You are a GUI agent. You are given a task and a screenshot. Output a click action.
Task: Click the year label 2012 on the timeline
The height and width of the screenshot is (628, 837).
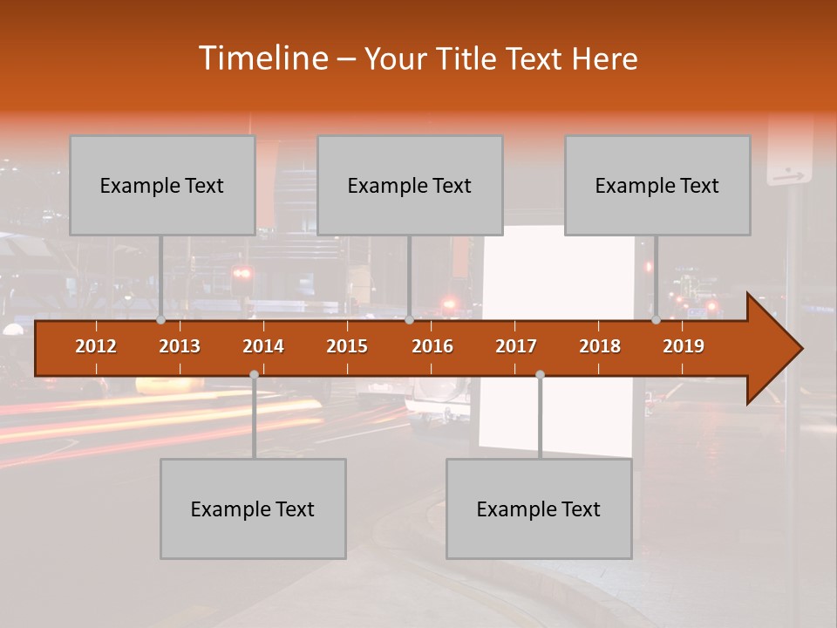pos(96,346)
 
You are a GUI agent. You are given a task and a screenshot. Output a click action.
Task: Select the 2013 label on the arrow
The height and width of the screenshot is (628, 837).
pos(180,346)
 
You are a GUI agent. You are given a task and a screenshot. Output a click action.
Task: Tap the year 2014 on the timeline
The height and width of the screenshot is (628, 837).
pos(263,346)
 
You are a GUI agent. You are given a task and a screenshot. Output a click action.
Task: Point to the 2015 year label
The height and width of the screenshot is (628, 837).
pos(347,346)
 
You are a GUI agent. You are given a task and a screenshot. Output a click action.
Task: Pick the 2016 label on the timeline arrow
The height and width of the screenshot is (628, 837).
pos(432,346)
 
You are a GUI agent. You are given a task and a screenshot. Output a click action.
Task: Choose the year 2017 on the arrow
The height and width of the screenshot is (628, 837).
pos(516,346)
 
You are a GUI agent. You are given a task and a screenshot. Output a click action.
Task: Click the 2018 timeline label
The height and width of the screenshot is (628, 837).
pos(600,346)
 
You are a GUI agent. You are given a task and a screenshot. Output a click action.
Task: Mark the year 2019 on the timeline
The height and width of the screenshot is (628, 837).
pos(684,346)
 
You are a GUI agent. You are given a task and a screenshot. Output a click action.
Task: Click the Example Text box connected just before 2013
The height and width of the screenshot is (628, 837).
pos(162,185)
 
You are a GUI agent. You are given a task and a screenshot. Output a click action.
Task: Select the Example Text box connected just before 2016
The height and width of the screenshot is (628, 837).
pos(410,185)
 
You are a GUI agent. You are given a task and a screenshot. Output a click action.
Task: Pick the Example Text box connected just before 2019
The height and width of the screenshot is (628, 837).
pos(657,185)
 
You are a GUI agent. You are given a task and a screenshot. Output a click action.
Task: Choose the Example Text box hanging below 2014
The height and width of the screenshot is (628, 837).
pos(253,509)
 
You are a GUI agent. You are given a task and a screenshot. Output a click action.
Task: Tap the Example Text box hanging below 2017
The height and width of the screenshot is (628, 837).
pos(539,509)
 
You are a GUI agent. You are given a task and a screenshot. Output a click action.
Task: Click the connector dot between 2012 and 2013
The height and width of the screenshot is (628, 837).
pos(161,320)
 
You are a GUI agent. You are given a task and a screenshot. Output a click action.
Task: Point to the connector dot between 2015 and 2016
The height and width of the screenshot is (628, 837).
pos(409,320)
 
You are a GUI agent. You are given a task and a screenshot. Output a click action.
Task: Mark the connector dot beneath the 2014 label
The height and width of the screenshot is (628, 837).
pos(254,374)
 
